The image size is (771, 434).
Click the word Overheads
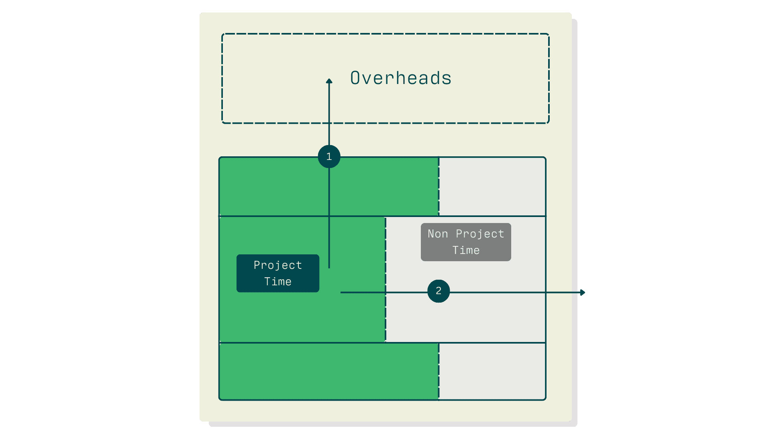click(401, 78)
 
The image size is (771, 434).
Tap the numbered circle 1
click(329, 156)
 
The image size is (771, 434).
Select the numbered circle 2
click(439, 291)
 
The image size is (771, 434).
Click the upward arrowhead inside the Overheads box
click(329, 81)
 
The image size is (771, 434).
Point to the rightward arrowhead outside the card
click(583, 293)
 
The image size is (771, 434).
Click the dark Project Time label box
click(278, 273)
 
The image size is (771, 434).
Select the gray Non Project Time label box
click(466, 242)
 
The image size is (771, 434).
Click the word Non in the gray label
click(437, 234)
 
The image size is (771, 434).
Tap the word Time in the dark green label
click(278, 282)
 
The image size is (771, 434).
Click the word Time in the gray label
click(466, 250)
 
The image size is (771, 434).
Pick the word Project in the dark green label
click(278, 265)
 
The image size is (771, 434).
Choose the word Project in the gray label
click(480, 234)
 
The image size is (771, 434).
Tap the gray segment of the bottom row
click(492, 372)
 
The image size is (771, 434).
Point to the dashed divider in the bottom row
click(439, 372)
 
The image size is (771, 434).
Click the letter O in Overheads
click(355, 78)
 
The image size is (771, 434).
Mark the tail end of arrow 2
click(341, 293)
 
